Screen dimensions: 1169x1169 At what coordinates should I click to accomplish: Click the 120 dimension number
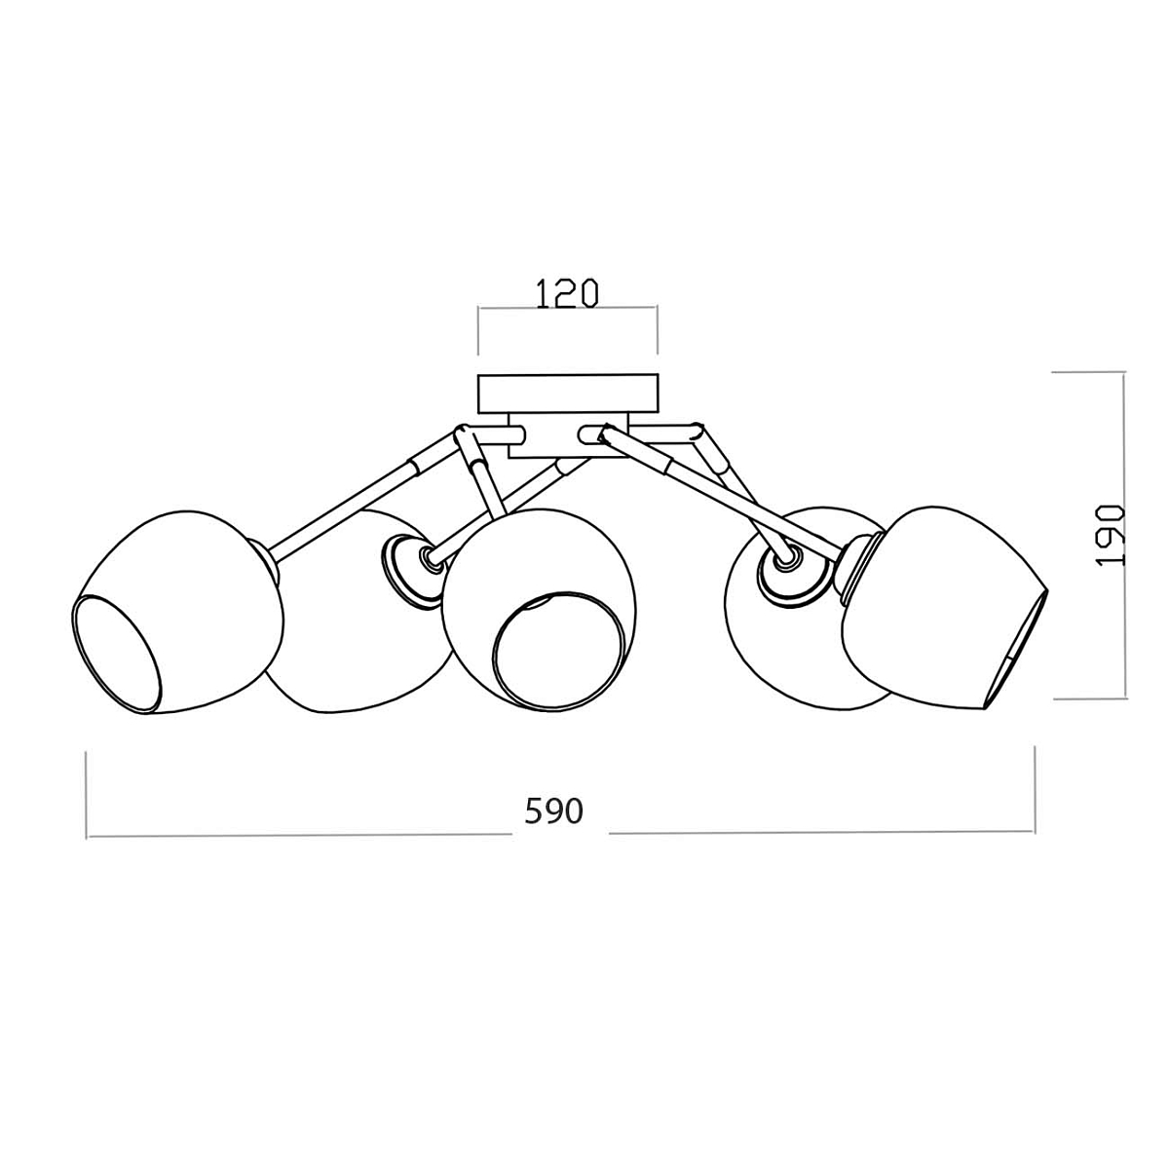[x=567, y=293]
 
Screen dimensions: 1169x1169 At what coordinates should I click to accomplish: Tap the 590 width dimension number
[x=553, y=811]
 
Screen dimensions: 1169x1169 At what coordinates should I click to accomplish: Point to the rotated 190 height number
[x=1111, y=536]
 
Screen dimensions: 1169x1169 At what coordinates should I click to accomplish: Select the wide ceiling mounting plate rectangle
[x=567, y=394]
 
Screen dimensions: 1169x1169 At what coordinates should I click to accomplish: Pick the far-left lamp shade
[x=177, y=613]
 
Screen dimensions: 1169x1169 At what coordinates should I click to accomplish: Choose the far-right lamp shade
[x=945, y=608]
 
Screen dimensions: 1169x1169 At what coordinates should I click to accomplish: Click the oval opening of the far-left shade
[x=117, y=655]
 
